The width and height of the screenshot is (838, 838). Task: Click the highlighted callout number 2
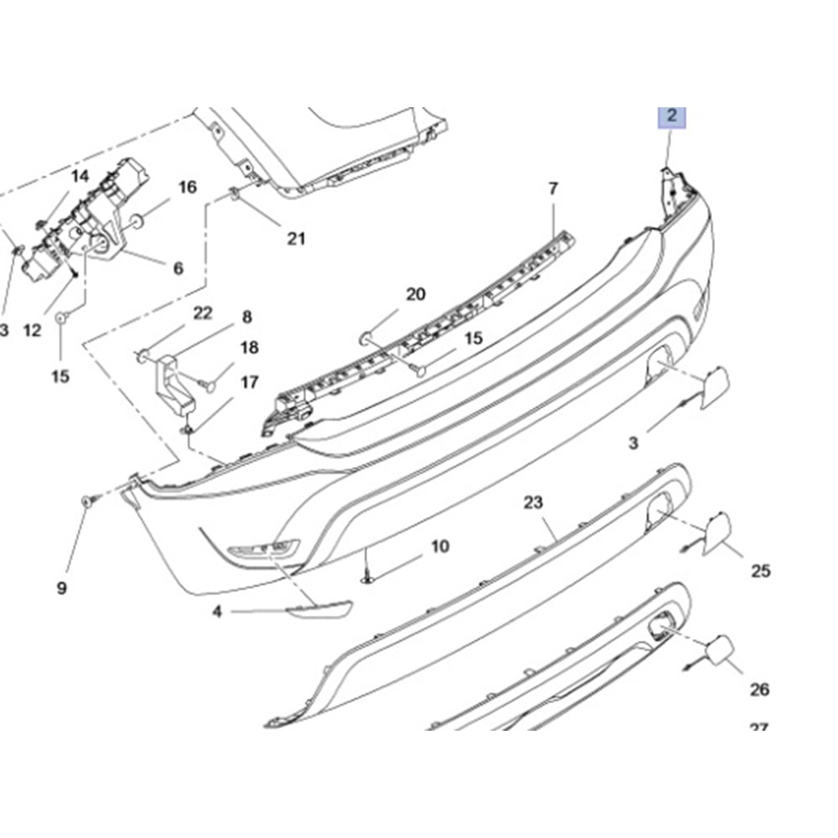click(671, 116)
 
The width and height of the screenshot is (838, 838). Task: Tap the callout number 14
click(80, 176)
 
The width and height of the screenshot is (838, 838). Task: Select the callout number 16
click(187, 187)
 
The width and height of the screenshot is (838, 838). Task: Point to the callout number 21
click(295, 239)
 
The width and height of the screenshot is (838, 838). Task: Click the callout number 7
click(553, 189)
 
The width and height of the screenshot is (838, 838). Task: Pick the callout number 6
click(178, 268)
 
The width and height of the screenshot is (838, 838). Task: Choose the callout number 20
click(416, 294)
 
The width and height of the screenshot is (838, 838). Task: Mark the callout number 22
click(203, 313)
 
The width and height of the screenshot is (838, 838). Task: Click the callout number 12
click(32, 330)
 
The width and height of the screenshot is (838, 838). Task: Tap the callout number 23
click(534, 503)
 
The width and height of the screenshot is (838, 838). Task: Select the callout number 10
click(440, 547)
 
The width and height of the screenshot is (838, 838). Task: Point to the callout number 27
click(758, 729)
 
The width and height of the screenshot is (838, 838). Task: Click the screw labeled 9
click(88, 500)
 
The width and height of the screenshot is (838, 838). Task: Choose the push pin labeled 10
click(368, 576)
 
